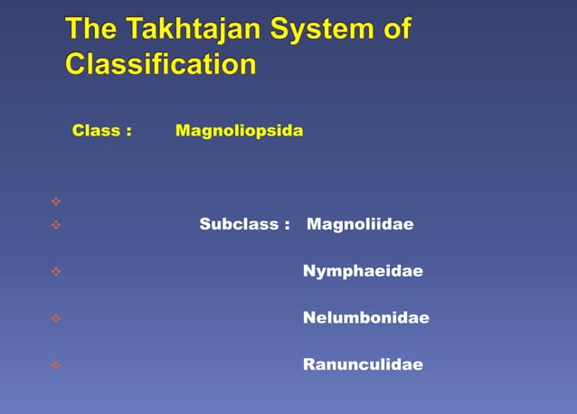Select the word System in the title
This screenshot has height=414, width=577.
click(x=319, y=31)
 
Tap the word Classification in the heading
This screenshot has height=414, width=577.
click(x=161, y=65)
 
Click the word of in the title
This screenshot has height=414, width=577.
click(x=397, y=31)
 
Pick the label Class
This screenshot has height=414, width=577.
click(x=97, y=131)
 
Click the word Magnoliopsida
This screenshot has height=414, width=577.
click(x=240, y=131)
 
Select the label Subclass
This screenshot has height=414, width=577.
click(x=239, y=224)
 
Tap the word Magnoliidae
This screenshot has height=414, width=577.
click(x=360, y=224)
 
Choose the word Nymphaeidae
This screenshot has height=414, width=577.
click(x=363, y=271)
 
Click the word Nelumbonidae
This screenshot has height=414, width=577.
click(x=365, y=318)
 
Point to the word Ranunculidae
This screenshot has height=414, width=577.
click(x=363, y=365)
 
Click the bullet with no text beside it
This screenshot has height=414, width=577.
click(x=56, y=201)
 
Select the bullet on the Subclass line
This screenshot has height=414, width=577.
click(x=56, y=224)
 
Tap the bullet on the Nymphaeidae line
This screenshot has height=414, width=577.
click(x=56, y=271)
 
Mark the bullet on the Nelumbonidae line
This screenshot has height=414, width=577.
click(x=56, y=318)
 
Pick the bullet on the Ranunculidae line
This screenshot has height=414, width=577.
click(x=56, y=365)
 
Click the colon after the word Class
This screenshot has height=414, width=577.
click(x=129, y=132)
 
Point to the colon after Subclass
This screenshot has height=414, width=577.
click(x=287, y=225)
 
